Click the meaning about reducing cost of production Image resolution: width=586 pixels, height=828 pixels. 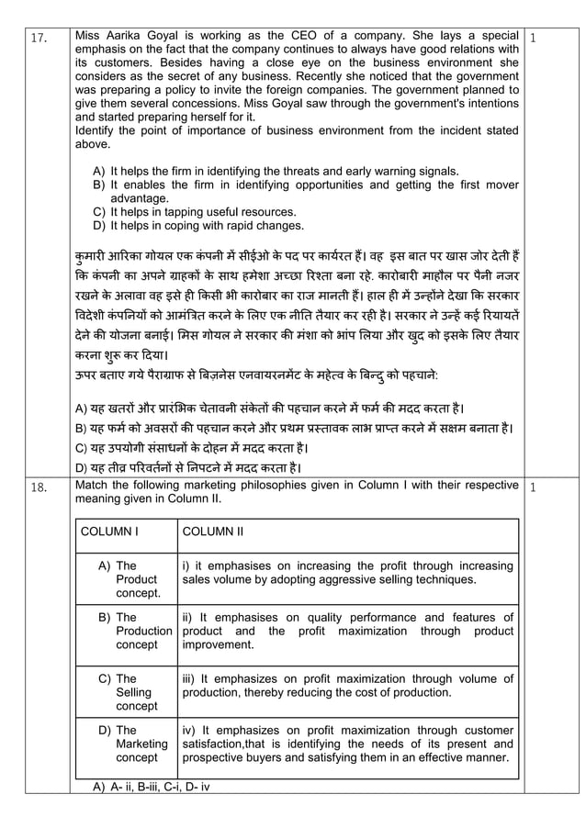pyautogui.click(x=347, y=686)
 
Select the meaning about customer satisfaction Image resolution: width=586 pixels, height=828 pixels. pyautogui.click(x=347, y=744)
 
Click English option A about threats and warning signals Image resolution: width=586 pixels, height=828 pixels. pyautogui.click(x=276, y=171)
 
